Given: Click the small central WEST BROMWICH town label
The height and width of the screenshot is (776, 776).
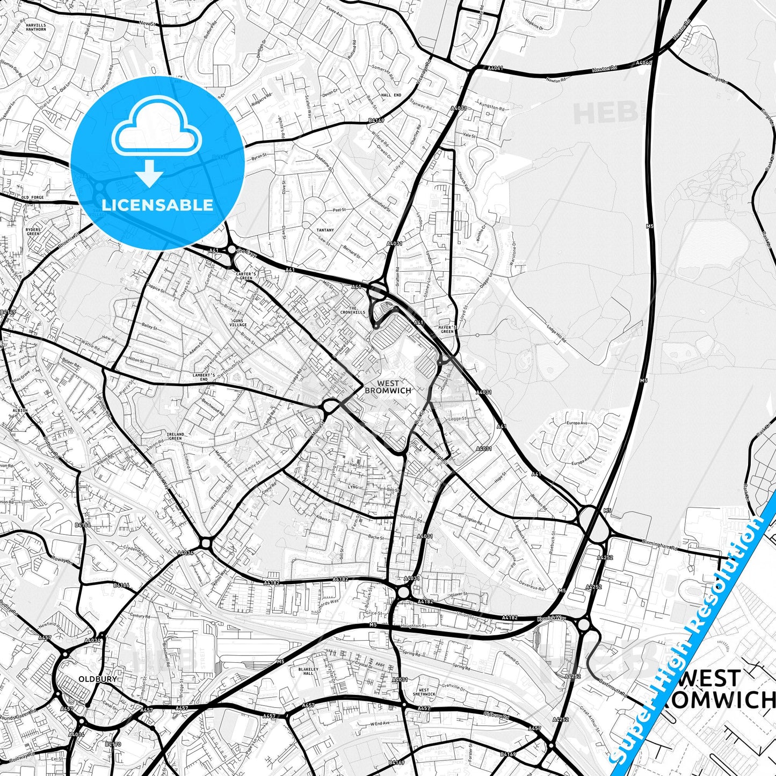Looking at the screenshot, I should (x=388, y=387).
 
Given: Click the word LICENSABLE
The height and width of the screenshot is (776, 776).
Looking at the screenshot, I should (x=157, y=205).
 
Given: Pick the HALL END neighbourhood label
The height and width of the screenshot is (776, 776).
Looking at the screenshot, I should (x=391, y=95).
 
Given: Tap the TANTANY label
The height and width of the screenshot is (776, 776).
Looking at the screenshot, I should (x=325, y=230).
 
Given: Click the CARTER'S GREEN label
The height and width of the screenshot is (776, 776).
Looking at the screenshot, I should (x=245, y=275).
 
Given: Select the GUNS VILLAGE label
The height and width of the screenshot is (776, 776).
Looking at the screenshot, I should (x=238, y=323).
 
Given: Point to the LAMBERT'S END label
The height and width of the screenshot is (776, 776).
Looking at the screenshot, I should (x=204, y=377).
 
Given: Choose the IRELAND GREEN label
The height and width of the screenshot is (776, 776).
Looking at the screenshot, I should (x=175, y=436).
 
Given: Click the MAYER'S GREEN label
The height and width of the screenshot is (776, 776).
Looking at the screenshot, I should (x=447, y=329).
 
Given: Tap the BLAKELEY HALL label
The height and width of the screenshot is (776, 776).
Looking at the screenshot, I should (x=308, y=671).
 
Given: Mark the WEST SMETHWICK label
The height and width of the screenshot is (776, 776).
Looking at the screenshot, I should (x=424, y=692).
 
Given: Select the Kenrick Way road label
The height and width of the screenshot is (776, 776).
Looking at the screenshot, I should (x=552, y=619).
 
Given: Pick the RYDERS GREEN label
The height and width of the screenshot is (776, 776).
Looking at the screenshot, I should (x=33, y=231).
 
